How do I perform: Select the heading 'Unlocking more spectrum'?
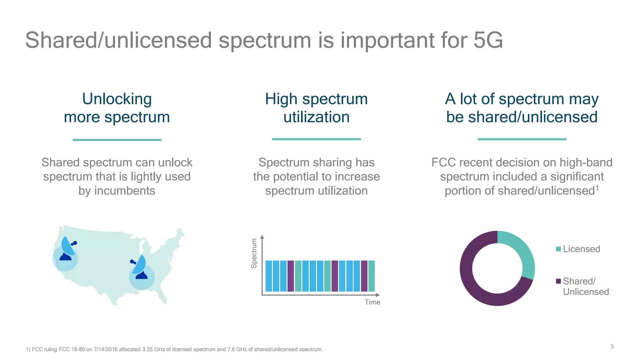click(x=117, y=108)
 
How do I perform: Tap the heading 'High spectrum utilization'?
click(x=316, y=108)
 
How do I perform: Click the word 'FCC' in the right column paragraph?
click(x=444, y=162)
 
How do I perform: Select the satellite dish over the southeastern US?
click(x=140, y=267)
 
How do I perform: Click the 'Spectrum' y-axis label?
click(x=254, y=253)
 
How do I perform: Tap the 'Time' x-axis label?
click(x=372, y=302)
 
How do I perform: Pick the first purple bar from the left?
click(x=291, y=276)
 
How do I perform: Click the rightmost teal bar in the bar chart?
click(x=371, y=276)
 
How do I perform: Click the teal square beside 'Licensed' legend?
click(x=558, y=249)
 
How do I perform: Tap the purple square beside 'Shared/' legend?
click(x=558, y=281)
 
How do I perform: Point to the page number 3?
click(x=612, y=347)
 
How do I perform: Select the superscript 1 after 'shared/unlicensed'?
click(x=597, y=188)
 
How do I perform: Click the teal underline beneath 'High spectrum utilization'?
click(x=316, y=139)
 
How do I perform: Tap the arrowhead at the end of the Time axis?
click(x=378, y=295)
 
